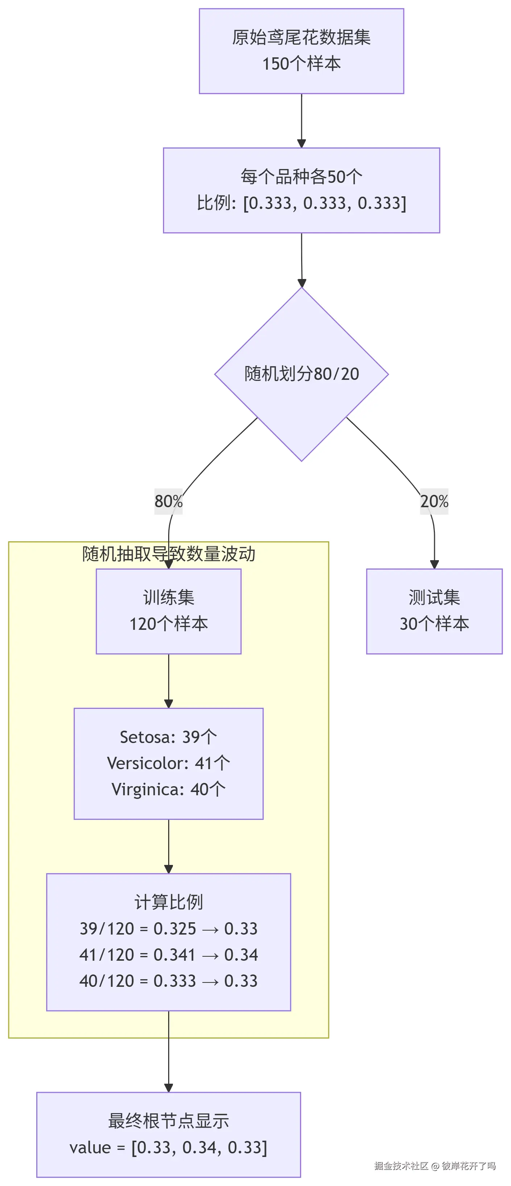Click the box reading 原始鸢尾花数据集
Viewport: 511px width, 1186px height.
[x=301, y=51]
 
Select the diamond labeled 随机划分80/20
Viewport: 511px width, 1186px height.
[x=301, y=374]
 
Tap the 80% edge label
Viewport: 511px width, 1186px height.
[x=169, y=501]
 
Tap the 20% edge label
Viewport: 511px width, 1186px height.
[x=434, y=501]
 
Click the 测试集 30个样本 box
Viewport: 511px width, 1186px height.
[x=434, y=611]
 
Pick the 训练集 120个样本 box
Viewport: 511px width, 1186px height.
[x=169, y=611]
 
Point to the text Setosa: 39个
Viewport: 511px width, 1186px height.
[x=169, y=736]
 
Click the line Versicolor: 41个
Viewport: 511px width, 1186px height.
[x=169, y=763]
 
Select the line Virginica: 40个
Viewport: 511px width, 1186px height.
[x=169, y=789]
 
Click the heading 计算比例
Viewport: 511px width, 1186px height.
[x=169, y=902]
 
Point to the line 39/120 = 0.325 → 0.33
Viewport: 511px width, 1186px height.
[x=169, y=928]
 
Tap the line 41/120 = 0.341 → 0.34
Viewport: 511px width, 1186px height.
[x=169, y=955]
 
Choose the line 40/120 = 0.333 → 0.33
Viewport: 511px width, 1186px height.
[x=169, y=981]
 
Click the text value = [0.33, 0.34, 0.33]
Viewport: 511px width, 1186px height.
[x=169, y=1147]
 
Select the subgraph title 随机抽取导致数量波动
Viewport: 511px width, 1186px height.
[x=169, y=553]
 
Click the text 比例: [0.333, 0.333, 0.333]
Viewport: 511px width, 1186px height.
[x=301, y=202]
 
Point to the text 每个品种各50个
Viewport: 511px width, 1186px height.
[x=301, y=176]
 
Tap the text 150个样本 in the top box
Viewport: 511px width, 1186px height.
[x=301, y=63]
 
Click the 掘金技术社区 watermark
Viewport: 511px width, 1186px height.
[x=401, y=1165]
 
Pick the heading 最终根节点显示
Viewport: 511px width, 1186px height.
[x=169, y=1121]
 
